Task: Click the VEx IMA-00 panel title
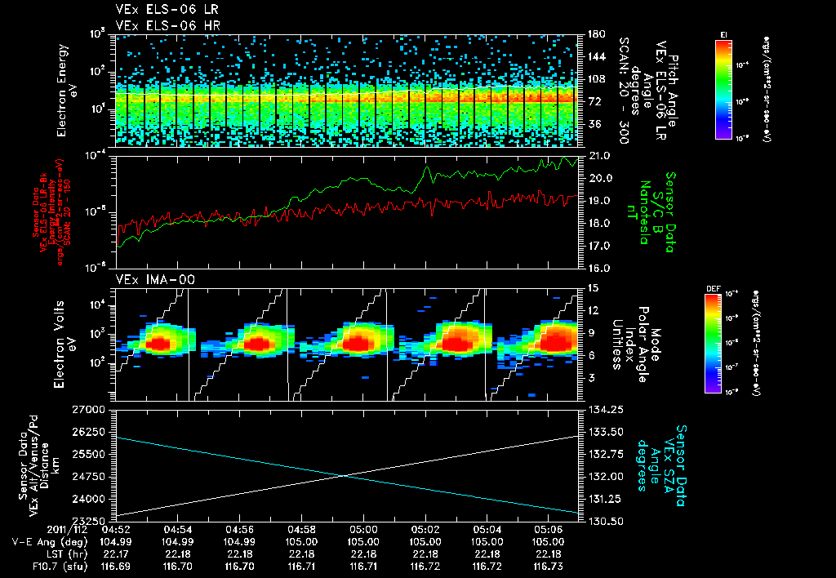coord(149,279)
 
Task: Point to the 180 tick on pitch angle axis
coord(595,34)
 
